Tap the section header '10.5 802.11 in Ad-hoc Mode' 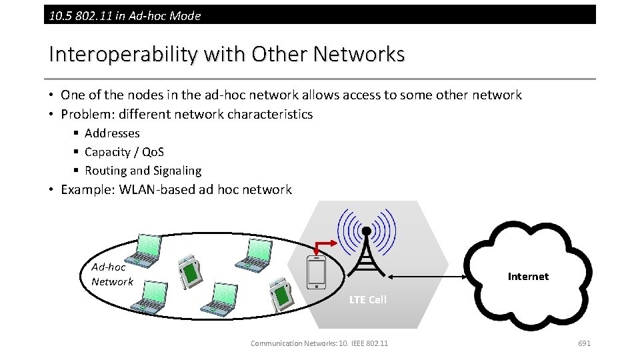[125, 15]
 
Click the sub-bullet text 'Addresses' [112, 133]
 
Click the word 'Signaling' [177, 171]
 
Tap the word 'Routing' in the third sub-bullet [105, 171]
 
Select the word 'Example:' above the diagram [88, 189]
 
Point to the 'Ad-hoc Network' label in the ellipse [111, 274]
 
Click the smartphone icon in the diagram [316, 273]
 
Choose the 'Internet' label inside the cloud [528, 276]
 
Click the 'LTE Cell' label [367, 299]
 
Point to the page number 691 [584, 343]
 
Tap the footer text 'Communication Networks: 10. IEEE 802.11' [319, 343]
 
